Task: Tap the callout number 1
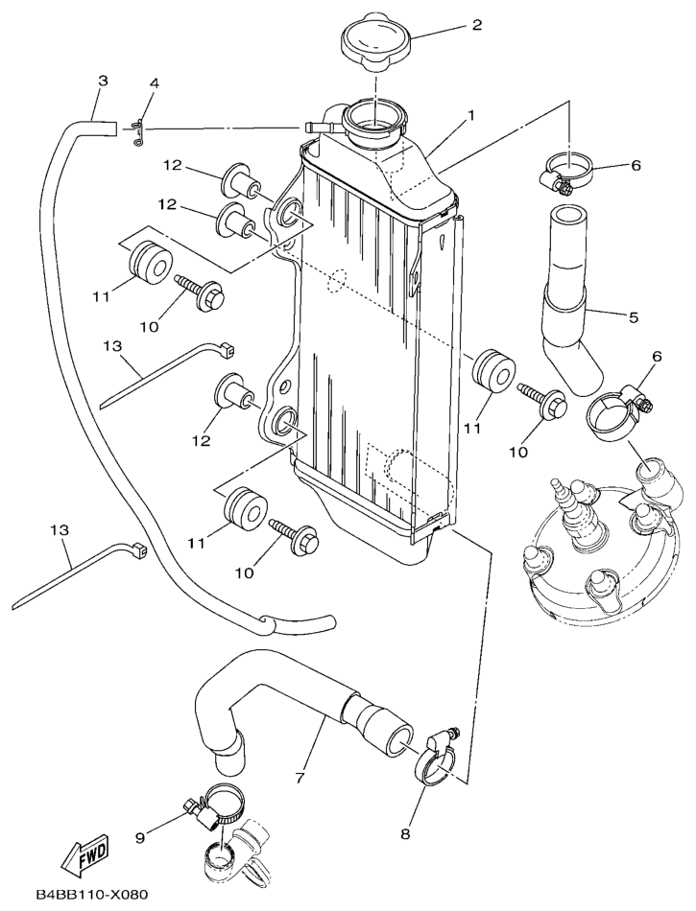click(x=471, y=116)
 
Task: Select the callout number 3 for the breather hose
click(x=103, y=82)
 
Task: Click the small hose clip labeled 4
click(x=138, y=128)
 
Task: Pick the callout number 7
click(x=300, y=777)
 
